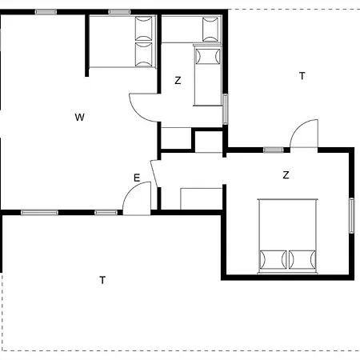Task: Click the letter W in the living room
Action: [x=80, y=117]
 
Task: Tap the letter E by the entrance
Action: [x=137, y=178]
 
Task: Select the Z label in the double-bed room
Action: [x=286, y=175]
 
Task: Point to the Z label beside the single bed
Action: [x=178, y=80]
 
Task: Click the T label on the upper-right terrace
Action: [x=302, y=76]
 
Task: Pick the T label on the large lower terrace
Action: [x=102, y=280]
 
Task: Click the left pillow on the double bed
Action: [x=273, y=259]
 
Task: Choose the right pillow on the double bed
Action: [x=302, y=259]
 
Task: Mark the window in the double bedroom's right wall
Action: [x=352, y=215]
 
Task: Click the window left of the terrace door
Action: [x=274, y=150]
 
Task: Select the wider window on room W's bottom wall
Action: [x=39, y=213]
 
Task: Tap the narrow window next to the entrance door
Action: [x=106, y=213]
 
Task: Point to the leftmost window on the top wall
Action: [x=46, y=12]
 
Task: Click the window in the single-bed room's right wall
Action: [x=226, y=109]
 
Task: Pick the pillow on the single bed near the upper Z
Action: [x=208, y=56]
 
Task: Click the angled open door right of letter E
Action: [x=154, y=174]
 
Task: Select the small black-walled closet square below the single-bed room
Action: [x=209, y=141]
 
